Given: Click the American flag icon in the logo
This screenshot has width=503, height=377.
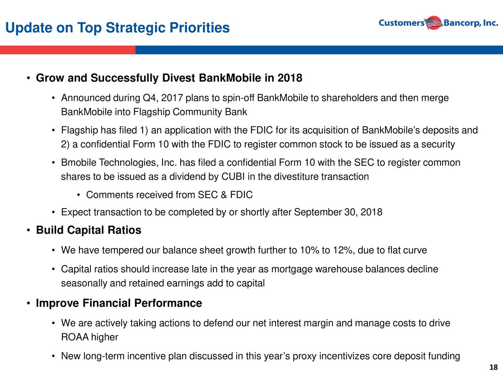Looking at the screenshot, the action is (x=433, y=23).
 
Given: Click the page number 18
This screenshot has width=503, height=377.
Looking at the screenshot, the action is (x=494, y=367).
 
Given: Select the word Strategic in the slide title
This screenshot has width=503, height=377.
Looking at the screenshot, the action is (x=135, y=28).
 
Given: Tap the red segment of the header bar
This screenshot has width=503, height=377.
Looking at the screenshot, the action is (x=68, y=50).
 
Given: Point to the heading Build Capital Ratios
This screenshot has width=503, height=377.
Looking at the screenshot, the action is (x=89, y=230).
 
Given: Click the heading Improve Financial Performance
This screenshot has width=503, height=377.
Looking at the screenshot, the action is (x=119, y=303).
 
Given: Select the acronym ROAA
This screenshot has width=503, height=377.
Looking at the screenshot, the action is (x=75, y=337).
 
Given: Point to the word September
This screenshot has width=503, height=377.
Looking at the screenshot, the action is (x=318, y=212).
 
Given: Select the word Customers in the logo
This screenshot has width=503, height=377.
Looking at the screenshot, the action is (x=402, y=23).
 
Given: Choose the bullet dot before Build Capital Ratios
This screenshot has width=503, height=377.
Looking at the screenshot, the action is (x=28, y=230).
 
